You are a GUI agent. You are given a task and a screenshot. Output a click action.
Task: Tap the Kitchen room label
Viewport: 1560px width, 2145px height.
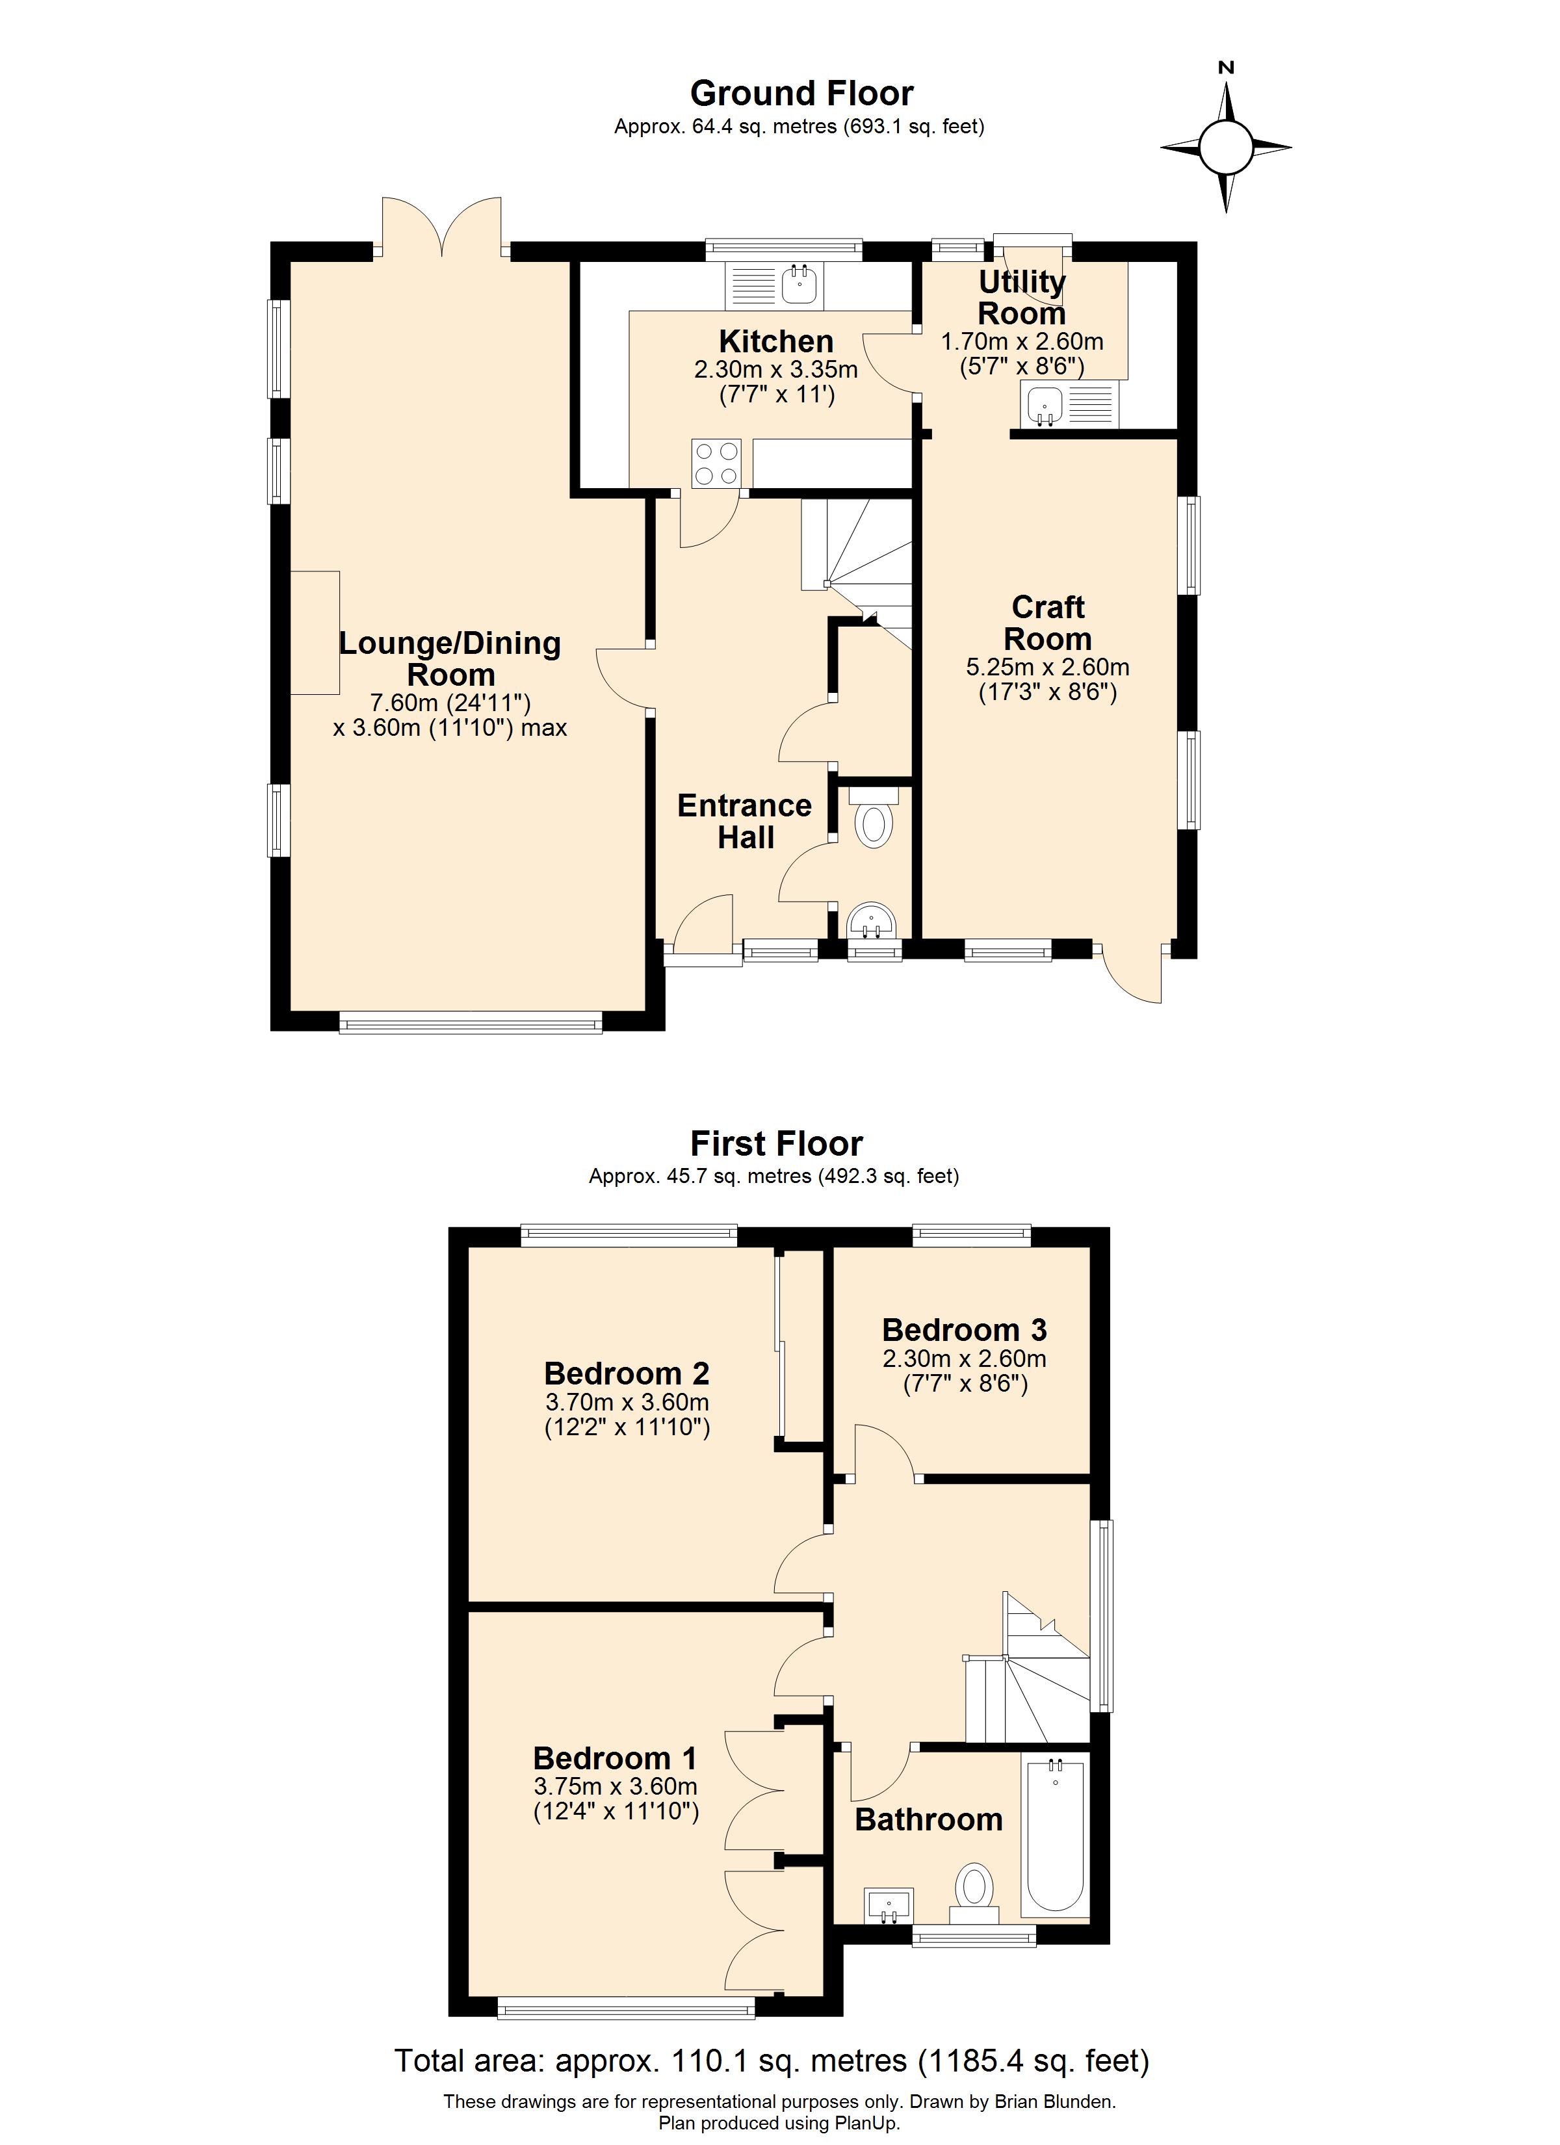(x=775, y=341)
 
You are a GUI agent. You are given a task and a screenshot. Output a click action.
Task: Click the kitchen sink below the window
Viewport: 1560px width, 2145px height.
(x=799, y=285)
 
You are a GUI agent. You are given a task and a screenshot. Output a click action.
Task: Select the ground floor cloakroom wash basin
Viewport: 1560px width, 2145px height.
(x=870, y=919)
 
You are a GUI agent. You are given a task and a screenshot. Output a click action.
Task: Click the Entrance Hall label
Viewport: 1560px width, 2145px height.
(x=744, y=821)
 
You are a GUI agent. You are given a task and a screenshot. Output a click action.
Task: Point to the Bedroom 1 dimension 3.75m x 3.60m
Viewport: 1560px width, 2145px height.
(x=615, y=1786)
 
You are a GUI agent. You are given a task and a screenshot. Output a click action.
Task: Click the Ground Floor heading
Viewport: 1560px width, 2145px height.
(x=801, y=94)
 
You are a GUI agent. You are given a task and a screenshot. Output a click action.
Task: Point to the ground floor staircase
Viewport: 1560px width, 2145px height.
(x=856, y=567)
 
